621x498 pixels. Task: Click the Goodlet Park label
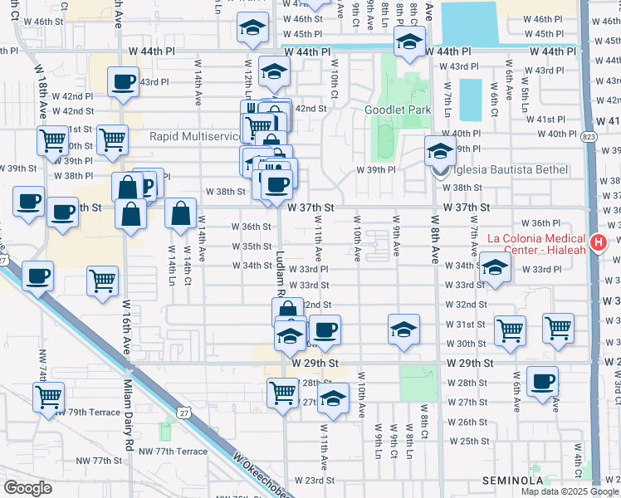tap(398, 110)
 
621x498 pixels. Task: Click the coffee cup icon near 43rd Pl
tap(124, 82)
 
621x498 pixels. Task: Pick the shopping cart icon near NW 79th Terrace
tap(49, 397)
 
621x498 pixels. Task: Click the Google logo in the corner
tap(27, 488)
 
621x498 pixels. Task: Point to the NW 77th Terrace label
tap(172, 451)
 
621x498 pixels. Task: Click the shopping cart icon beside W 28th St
tap(283, 391)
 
